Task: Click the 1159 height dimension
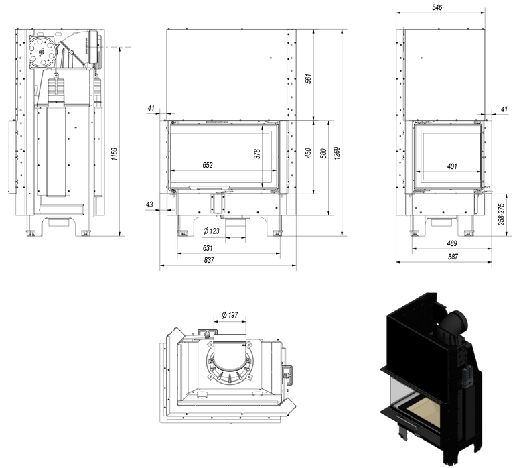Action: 115,158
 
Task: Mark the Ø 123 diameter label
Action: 212,231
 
